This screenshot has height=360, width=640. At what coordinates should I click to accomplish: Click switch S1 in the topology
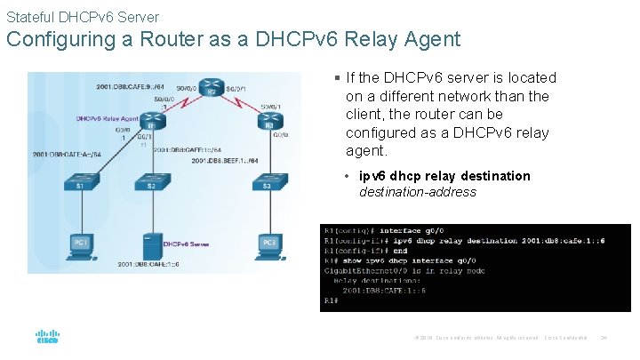click(x=81, y=182)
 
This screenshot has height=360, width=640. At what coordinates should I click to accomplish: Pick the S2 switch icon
click(x=151, y=182)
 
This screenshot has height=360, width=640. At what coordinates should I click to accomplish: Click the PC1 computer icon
click(x=82, y=244)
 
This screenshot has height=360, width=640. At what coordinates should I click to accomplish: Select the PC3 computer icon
click(x=269, y=244)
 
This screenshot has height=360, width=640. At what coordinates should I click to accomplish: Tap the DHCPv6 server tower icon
click(x=152, y=244)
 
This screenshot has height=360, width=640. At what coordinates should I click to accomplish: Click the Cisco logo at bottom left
click(x=47, y=337)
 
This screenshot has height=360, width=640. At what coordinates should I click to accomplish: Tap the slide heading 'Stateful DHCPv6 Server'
click(x=83, y=17)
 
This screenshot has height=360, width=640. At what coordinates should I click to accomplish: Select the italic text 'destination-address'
click(x=418, y=192)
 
